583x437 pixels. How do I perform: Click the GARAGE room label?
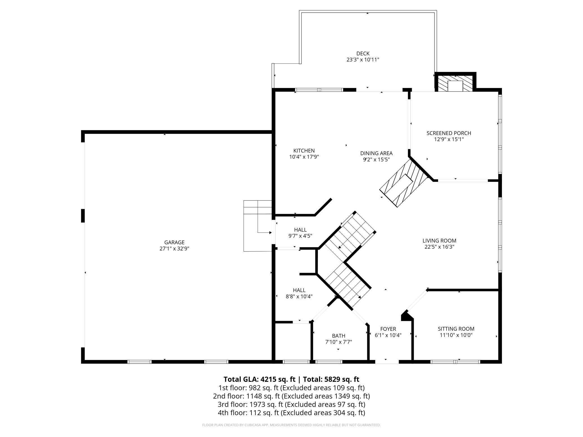point(174,242)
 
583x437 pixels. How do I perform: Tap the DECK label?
point(363,53)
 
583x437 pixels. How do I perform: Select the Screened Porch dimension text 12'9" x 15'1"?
point(449,139)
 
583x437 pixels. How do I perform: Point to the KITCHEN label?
point(304,151)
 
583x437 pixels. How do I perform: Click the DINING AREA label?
point(376,153)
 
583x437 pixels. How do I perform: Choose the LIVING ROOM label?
point(439,241)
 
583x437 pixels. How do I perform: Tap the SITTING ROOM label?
point(456,329)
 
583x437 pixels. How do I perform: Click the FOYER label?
point(388,329)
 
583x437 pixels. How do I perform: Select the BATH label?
point(339,336)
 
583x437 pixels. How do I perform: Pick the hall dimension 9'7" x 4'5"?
point(300,236)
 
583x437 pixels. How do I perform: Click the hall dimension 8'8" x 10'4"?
point(299,296)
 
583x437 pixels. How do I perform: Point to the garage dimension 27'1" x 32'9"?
point(174,248)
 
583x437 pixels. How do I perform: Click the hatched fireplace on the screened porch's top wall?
point(455,83)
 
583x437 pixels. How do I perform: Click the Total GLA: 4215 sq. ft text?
point(259,379)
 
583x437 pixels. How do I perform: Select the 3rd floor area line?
point(291,405)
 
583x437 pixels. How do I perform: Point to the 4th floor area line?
point(291,413)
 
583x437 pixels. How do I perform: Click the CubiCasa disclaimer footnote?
point(291,425)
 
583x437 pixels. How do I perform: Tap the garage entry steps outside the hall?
point(258,226)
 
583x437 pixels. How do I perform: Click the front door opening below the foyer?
point(387,362)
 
